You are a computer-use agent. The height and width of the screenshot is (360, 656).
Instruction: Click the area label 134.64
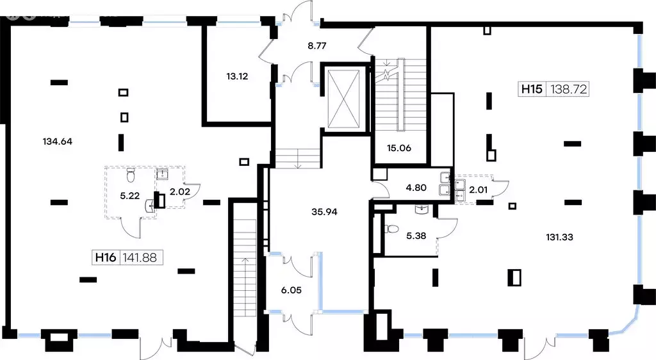tap(57, 142)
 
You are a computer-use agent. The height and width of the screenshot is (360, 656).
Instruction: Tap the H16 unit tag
tap(106, 257)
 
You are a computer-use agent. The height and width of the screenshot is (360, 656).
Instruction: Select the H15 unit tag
tap(532, 88)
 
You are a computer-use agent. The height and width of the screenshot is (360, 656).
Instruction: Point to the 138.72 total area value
tap(569, 88)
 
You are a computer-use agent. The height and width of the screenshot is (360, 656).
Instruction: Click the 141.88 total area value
tap(140, 257)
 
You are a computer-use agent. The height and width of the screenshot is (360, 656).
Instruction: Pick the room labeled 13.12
tap(237, 76)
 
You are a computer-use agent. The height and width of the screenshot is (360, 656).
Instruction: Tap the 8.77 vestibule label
tap(316, 45)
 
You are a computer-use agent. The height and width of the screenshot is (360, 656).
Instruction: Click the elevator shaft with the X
tap(343, 99)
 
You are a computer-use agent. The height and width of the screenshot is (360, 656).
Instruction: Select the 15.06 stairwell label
tap(398, 147)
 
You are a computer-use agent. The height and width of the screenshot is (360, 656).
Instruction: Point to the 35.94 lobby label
tap(324, 211)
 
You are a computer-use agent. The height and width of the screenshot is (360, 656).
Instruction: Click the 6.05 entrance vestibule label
tap(291, 290)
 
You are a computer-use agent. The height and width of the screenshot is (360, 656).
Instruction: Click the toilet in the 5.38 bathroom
tap(391, 229)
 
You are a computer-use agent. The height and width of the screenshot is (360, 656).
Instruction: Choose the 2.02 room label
tap(180, 192)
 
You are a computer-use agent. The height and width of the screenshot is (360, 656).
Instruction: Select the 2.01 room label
tap(478, 190)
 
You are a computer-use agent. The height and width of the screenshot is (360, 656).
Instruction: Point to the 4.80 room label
tap(416, 187)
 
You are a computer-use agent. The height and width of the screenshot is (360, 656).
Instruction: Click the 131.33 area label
tap(559, 237)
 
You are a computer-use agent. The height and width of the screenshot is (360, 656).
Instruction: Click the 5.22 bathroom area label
tap(129, 195)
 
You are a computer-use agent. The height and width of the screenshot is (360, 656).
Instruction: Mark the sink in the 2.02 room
tap(162, 174)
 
